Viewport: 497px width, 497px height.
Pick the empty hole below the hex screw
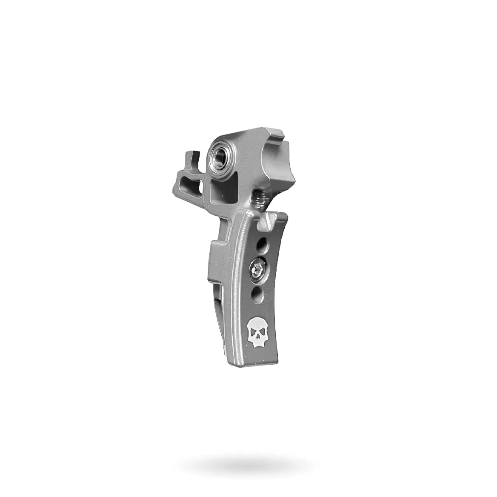click(256, 292)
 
